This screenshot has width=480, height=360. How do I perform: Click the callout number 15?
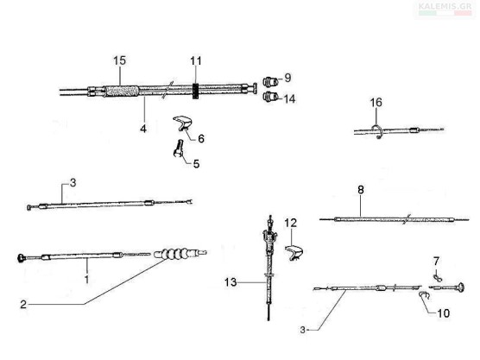tap(119, 60)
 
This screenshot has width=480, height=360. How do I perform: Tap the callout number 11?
tap(196, 61)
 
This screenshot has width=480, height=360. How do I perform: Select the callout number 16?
tap(376, 103)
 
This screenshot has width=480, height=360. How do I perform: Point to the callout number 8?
tap(361, 190)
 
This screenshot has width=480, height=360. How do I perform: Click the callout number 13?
tap(231, 282)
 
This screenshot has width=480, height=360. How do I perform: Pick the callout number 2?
tap(23, 305)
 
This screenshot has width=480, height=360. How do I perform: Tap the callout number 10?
tap(444, 313)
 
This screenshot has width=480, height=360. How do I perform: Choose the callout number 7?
tap(436, 261)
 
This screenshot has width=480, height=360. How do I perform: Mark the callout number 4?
tap(143, 129)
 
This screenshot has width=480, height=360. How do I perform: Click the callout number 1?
tap(87, 279)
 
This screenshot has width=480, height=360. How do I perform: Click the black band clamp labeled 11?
tap(196, 91)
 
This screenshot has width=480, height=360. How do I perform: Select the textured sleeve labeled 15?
tap(121, 91)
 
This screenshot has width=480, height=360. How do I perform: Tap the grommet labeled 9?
tap(270, 82)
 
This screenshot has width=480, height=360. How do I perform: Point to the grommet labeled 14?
tap(270, 97)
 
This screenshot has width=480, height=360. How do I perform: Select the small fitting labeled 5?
tap(178, 148)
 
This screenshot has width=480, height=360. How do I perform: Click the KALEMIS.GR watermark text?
tap(445, 6)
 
